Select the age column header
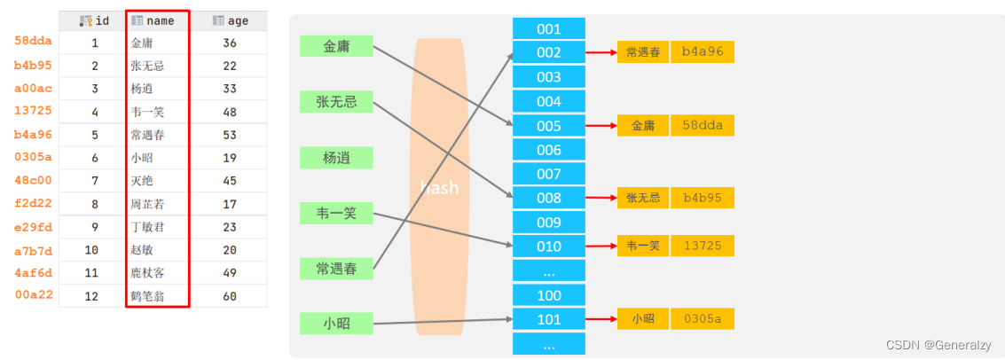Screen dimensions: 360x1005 [230, 20]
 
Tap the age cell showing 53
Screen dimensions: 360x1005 [230, 135]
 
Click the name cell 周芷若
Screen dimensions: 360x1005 [147, 204]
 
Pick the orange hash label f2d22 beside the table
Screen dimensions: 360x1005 [32, 204]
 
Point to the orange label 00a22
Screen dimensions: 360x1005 [32, 295]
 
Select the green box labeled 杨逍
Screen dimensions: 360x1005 [336, 158]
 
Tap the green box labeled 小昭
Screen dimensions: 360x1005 [336, 324]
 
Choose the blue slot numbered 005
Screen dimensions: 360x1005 [549, 126]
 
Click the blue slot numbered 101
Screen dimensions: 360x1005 [549, 318]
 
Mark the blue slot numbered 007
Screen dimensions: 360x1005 [549, 174]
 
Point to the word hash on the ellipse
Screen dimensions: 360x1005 [439, 188]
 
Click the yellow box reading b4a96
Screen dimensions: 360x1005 [703, 52]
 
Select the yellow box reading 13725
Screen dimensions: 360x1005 [703, 246]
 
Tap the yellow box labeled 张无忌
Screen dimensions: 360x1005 [643, 198]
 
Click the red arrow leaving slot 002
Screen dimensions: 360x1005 [601, 52]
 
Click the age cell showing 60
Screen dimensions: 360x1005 [230, 296]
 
